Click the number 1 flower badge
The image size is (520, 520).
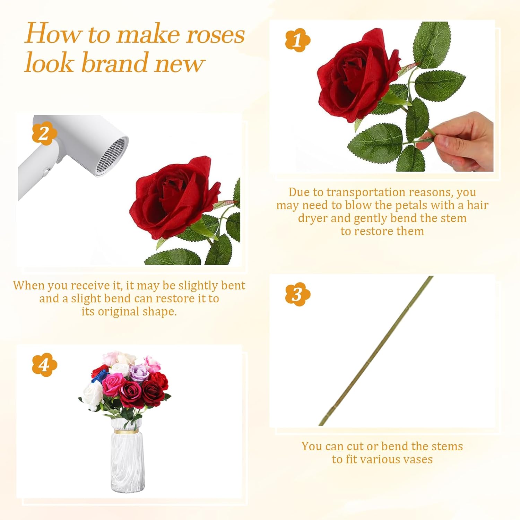(297, 40)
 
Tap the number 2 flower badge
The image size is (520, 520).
(44, 133)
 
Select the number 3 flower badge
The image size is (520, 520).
(297, 294)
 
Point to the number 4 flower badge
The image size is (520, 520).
(44, 365)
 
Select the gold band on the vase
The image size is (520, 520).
(127, 432)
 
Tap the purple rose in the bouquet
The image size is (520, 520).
(139, 373)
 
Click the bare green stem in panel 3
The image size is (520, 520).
(376, 351)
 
